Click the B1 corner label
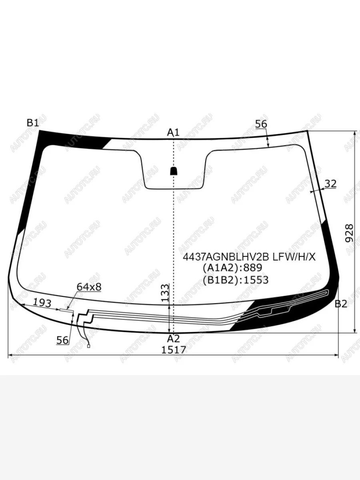pos(33,123)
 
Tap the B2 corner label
pos(341,304)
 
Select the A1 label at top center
pos(173,132)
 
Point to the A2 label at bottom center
pos(173,339)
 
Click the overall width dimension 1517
pos(174,350)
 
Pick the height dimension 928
pos(349,233)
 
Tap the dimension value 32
pos(330,184)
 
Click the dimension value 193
pos(42,303)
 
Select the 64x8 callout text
pos(89,287)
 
